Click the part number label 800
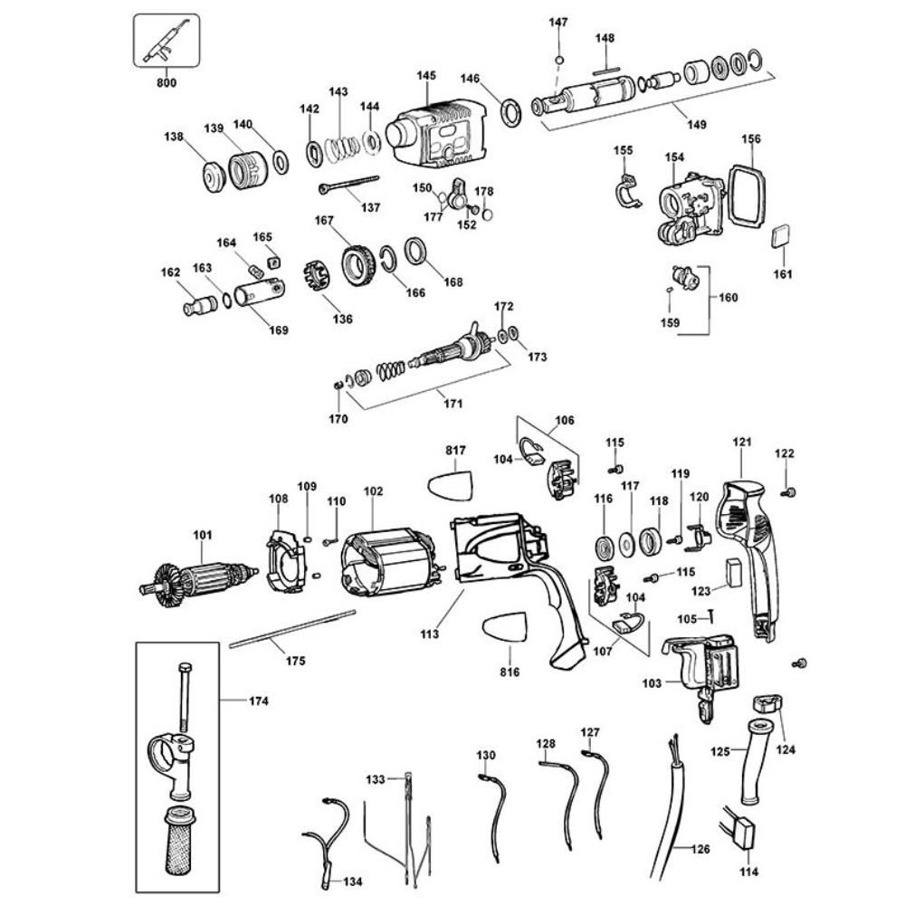(x=166, y=83)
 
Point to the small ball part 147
(x=559, y=61)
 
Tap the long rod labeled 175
(x=290, y=628)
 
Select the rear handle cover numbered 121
(x=749, y=552)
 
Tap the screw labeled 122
(x=787, y=491)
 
